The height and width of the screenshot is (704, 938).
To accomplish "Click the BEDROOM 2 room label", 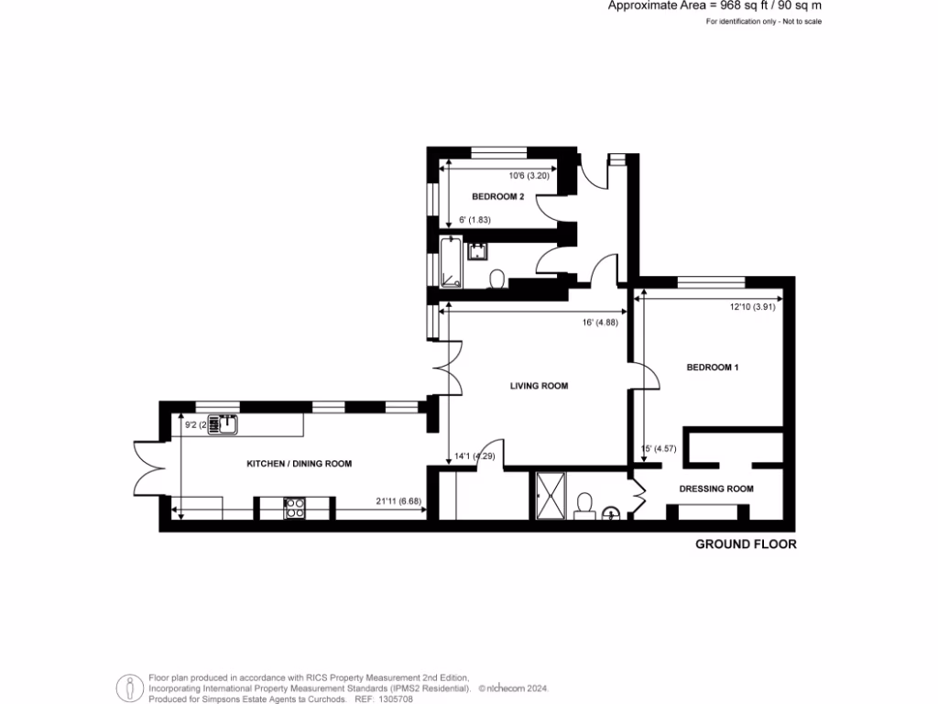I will (497, 197).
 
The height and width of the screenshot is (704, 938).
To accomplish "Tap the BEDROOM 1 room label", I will (713, 368).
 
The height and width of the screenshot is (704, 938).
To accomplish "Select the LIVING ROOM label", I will (539, 387).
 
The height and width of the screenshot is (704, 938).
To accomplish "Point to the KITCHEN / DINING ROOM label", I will (299, 465).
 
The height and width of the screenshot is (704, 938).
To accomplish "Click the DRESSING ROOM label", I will (716, 489).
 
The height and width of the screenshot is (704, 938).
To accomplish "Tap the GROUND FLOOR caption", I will (746, 544).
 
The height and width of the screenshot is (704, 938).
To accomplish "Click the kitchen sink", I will (223, 424).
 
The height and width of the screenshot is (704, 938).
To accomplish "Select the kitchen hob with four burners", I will (295, 508).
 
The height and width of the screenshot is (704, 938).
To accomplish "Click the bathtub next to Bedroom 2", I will (451, 263).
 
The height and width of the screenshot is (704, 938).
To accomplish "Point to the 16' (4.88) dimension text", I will (599, 323).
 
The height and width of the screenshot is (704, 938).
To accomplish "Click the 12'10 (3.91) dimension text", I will (751, 307).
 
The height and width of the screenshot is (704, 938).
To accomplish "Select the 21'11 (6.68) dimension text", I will (398, 501).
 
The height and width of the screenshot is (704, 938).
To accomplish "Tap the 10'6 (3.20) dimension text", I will (529, 176).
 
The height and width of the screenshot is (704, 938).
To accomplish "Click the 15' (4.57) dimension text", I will (662, 448).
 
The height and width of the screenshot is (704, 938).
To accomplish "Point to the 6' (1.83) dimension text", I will (475, 220).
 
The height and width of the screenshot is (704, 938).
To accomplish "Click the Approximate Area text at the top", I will (714, 5).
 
